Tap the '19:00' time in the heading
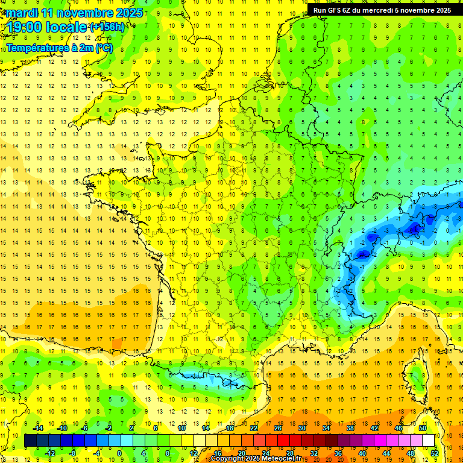point(25,27)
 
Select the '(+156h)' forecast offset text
point(107,27)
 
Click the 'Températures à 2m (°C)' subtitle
point(59,48)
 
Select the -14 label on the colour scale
point(38,428)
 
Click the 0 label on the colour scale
point(119,453)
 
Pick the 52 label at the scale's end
point(434,453)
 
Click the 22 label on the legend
point(254,428)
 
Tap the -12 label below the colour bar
point(50,453)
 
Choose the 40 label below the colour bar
point(362,453)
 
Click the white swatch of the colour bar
point(429,441)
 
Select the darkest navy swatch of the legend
point(30,441)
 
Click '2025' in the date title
point(130,13)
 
